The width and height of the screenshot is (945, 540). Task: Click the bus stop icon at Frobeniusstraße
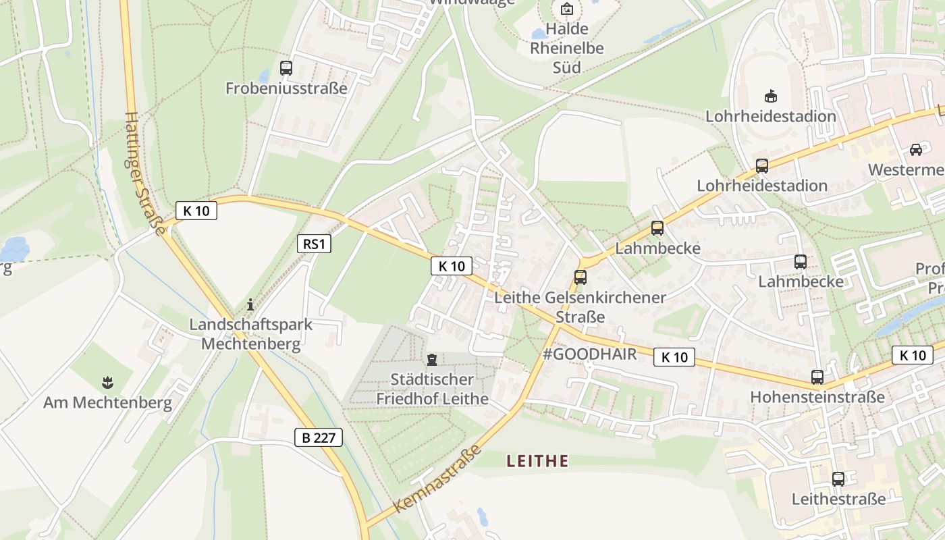(x=286, y=68)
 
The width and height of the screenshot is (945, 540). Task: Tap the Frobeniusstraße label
(x=286, y=88)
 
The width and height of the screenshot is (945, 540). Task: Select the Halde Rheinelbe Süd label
(x=566, y=48)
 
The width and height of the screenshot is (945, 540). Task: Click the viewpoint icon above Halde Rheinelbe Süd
(x=566, y=9)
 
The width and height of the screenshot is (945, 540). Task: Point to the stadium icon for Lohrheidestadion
(x=770, y=97)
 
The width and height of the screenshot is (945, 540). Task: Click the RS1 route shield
(x=314, y=244)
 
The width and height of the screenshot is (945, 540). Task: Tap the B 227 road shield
(x=319, y=437)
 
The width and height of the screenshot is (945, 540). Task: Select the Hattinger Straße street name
(x=144, y=173)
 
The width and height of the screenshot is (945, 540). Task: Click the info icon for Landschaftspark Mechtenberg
(x=250, y=305)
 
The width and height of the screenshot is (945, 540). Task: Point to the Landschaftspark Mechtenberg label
(x=250, y=333)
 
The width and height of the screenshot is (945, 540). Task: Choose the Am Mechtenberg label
(x=107, y=403)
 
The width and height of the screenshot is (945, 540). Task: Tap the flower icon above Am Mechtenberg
(x=107, y=383)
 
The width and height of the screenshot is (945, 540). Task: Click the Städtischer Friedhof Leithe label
(x=432, y=389)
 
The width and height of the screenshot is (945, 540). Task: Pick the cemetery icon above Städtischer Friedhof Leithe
(x=432, y=360)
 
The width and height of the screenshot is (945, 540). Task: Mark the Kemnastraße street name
(x=437, y=479)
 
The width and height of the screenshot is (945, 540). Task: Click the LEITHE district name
(x=537, y=461)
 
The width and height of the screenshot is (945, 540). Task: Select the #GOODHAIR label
(x=589, y=354)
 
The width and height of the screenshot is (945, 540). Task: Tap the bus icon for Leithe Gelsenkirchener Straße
(x=580, y=277)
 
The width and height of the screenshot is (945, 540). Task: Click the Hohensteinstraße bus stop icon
(x=817, y=377)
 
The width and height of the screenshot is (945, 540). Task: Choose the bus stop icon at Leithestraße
(x=838, y=479)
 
